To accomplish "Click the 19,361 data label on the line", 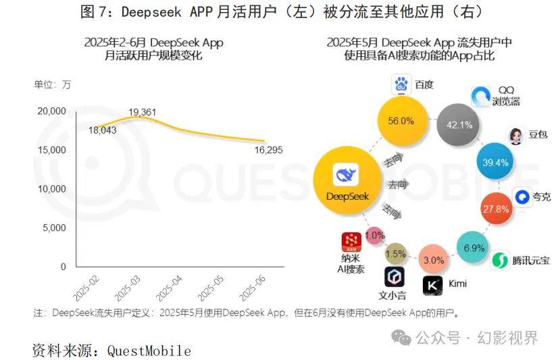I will point(142,111).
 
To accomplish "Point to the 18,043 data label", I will point(102,130).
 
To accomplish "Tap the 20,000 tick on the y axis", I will point(50,111).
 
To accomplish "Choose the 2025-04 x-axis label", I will point(169,286).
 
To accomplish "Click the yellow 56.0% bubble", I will point(400,121).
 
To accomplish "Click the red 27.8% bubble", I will point(495,209).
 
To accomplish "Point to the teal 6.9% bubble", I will point(474,248).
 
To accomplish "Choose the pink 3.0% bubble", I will point(433,260).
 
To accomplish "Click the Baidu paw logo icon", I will point(402,86).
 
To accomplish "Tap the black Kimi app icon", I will point(432,286).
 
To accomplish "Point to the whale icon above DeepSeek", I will point(345,177).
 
